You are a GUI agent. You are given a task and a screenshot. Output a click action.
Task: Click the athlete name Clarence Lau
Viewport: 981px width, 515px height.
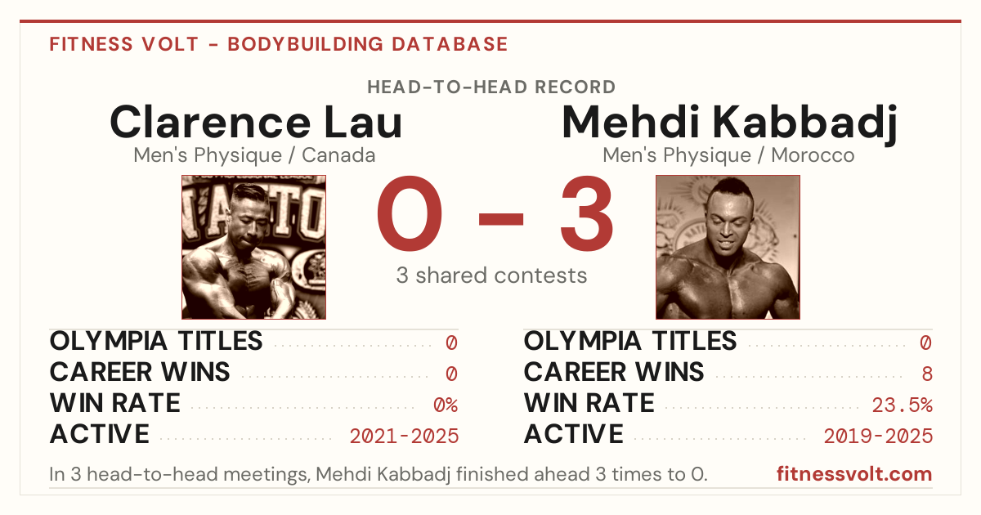[256, 122]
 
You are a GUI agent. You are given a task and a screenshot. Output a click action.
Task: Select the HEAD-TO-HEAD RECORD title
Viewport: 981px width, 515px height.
[491, 87]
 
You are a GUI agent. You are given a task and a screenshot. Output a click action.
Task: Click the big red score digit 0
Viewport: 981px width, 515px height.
[410, 213]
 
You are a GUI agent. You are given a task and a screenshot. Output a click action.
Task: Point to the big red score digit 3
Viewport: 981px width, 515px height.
[586, 213]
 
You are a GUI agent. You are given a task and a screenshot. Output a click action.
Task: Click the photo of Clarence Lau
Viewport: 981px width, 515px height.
[253, 247]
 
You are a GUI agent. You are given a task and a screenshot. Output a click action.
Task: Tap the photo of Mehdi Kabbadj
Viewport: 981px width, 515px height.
[728, 247]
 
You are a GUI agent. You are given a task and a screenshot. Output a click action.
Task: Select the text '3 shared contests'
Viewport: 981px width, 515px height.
[491, 275]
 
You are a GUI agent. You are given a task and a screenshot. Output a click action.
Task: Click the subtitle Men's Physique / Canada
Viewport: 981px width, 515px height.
[254, 155]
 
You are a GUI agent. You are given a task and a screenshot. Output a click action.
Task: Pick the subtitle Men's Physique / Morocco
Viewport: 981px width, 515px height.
[728, 155]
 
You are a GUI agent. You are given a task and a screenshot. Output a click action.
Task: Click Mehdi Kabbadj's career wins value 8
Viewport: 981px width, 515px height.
[927, 374]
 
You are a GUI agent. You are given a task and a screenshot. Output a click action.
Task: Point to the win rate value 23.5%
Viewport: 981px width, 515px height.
[902, 405]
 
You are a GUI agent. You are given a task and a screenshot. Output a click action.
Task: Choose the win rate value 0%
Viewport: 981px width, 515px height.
[446, 405]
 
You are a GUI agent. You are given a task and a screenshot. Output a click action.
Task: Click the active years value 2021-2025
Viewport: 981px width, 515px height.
[404, 437]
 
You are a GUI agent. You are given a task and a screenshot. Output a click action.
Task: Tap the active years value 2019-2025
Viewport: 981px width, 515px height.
[878, 437]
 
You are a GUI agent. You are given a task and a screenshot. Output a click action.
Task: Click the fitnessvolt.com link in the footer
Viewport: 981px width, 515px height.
[854, 474]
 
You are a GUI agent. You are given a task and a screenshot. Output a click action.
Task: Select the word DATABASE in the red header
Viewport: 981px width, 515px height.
[450, 44]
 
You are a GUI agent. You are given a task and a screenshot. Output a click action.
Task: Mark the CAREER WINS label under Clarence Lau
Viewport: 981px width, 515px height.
[140, 372]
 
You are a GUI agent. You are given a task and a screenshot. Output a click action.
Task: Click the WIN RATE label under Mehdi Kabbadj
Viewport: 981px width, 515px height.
[589, 403]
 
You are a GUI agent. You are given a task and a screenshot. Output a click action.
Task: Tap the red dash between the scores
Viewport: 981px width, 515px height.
[501, 219]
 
